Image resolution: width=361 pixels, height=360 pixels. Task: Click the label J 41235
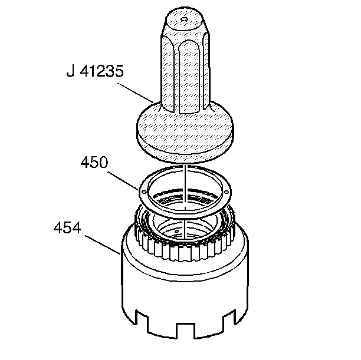(x=95, y=71)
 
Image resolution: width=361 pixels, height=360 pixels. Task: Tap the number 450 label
(x=94, y=162)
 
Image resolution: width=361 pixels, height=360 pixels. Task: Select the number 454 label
(x=67, y=228)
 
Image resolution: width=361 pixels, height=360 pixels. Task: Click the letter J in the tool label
(x=70, y=71)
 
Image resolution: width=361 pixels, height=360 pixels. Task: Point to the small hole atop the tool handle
(x=184, y=19)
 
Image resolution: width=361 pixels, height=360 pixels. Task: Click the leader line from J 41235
(x=136, y=93)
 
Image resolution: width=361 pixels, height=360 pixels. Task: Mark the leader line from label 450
(x=123, y=181)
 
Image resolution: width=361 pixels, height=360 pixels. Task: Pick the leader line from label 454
(x=103, y=245)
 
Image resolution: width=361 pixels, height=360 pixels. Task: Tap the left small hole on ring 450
(x=145, y=192)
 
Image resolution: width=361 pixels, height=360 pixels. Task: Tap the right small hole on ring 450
(x=226, y=192)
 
